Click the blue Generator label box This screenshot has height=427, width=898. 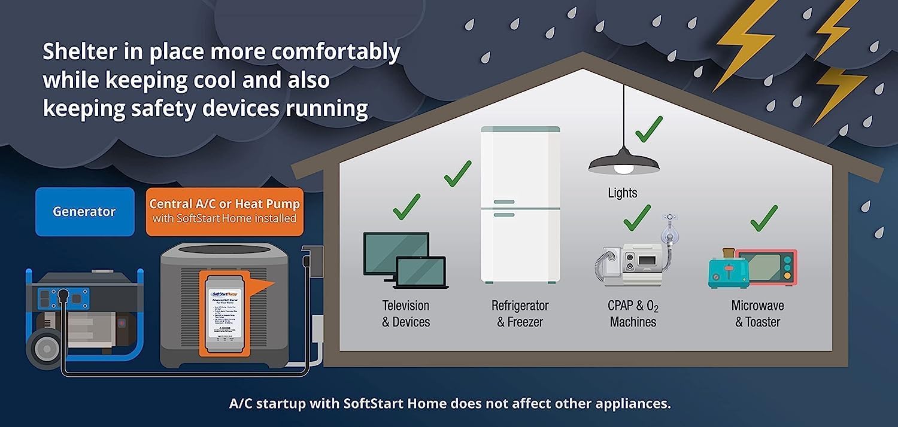(x=84, y=212)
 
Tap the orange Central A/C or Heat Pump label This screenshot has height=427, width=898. (x=224, y=212)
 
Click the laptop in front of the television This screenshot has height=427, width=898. (x=421, y=273)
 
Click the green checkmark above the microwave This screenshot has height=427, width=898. (x=763, y=218)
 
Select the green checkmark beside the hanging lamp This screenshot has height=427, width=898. (x=648, y=129)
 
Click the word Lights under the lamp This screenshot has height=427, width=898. (x=623, y=193)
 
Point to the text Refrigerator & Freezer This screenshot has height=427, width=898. (x=520, y=313)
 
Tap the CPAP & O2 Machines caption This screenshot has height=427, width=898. (x=633, y=313)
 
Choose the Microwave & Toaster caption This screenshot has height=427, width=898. (x=757, y=313)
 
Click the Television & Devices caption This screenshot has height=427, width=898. (x=406, y=313)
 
